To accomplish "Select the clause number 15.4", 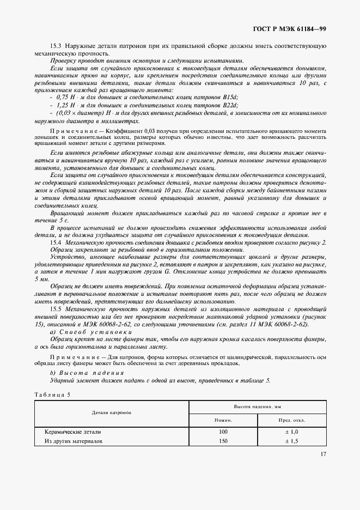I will [x=57, y=241].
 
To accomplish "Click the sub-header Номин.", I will [x=223, y=420].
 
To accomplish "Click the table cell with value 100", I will [x=223, y=432].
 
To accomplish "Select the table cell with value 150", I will [x=223, y=441].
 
